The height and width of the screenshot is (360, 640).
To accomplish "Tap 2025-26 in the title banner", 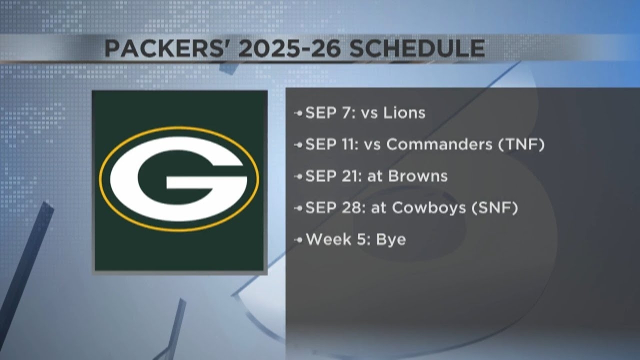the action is [x=289, y=48].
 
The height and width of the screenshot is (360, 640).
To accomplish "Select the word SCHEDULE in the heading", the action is [x=417, y=48].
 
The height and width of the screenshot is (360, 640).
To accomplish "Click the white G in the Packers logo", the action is [x=179, y=179].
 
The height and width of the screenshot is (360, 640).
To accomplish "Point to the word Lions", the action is [x=404, y=113].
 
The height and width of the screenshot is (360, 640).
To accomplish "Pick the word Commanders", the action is [x=439, y=144].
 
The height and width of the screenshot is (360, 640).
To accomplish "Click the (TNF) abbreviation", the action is [x=521, y=144].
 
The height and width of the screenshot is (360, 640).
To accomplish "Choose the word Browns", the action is [x=417, y=176].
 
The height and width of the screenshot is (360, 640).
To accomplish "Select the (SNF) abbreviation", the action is [x=494, y=207].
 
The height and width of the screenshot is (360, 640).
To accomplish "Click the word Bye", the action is [x=391, y=239].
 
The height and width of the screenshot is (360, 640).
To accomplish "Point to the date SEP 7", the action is [x=330, y=113].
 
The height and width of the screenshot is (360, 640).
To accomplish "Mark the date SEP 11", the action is [x=331, y=144].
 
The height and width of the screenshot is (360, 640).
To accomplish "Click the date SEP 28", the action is [x=335, y=207].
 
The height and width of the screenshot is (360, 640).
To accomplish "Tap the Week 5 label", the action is [x=338, y=239].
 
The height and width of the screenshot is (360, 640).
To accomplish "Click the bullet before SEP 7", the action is [x=298, y=113].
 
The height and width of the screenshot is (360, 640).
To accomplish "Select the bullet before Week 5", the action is [x=298, y=240].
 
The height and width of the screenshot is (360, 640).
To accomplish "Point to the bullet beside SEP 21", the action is [x=298, y=176].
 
